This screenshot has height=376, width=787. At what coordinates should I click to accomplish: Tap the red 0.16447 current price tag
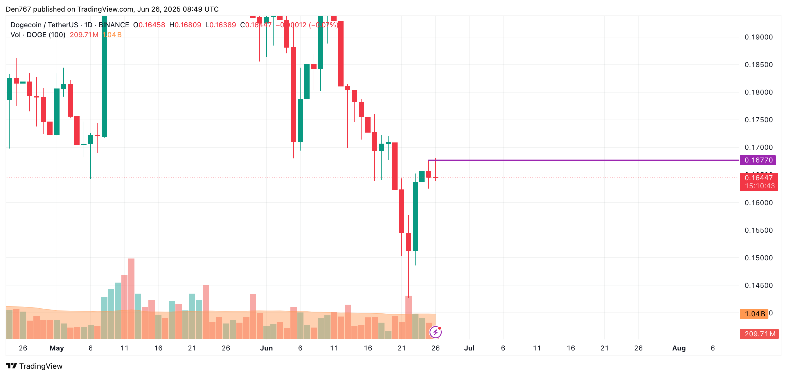(759, 178)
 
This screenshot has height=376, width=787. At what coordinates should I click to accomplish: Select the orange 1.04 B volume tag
(754, 314)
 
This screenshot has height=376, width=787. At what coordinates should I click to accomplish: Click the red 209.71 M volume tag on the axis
(759, 334)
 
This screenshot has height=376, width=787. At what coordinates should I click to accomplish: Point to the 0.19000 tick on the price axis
(758, 37)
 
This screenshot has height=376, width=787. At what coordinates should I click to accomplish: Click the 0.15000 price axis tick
(758, 258)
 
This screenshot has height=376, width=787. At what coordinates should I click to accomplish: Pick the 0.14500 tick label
(758, 285)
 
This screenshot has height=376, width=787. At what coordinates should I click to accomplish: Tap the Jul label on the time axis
(469, 348)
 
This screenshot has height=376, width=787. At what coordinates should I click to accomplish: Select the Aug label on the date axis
(679, 348)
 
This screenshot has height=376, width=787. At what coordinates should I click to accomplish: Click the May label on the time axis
(57, 348)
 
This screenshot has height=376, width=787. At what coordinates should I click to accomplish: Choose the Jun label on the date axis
(266, 348)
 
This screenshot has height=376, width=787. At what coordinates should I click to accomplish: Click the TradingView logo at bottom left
(34, 366)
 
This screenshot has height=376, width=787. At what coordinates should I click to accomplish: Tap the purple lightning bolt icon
(435, 332)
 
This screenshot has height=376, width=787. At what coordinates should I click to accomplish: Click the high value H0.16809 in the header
(185, 25)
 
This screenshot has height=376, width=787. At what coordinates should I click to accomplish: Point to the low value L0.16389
(221, 25)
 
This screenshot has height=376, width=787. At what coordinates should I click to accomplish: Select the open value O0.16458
(149, 25)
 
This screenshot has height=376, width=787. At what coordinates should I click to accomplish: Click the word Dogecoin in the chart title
(26, 25)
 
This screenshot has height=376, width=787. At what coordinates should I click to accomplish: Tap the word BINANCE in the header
(114, 25)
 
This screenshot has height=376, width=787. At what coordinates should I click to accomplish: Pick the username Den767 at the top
(18, 9)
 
